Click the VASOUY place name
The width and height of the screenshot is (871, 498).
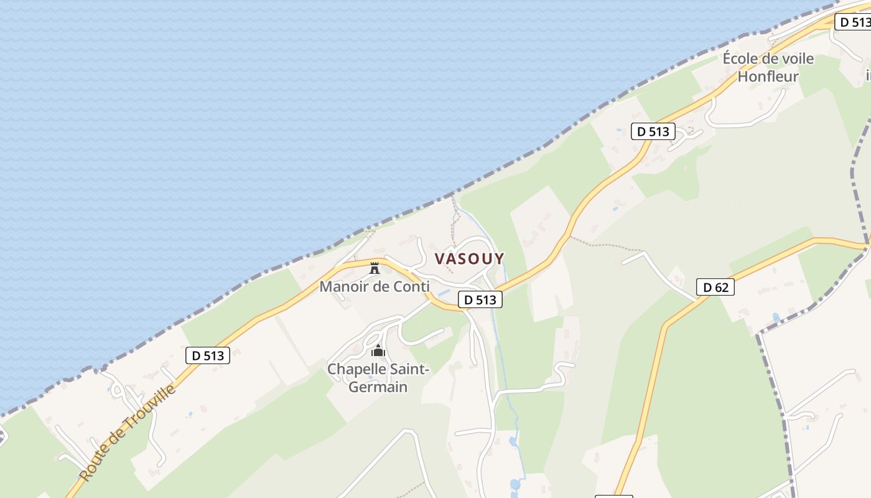click(x=469, y=258)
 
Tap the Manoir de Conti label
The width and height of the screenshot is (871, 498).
click(x=374, y=287)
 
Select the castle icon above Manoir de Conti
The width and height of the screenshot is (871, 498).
click(x=375, y=269)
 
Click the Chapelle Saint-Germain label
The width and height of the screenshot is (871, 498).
click(x=378, y=378)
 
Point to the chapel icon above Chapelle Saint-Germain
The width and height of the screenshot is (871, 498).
click(x=378, y=351)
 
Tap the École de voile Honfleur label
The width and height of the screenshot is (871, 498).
click(x=768, y=67)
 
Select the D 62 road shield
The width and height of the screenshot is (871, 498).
click(x=715, y=287)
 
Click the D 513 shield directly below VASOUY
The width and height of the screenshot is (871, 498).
click(x=480, y=299)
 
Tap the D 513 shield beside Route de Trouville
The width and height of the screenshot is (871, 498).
click(x=208, y=355)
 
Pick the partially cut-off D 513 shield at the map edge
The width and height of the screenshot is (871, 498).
click(x=852, y=22)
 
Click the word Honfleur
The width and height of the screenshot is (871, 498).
click(x=768, y=77)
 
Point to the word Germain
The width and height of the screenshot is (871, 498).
click(x=378, y=387)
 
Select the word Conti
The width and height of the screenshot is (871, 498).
click(x=412, y=287)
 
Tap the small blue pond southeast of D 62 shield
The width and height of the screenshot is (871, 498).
click(x=776, y=317)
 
